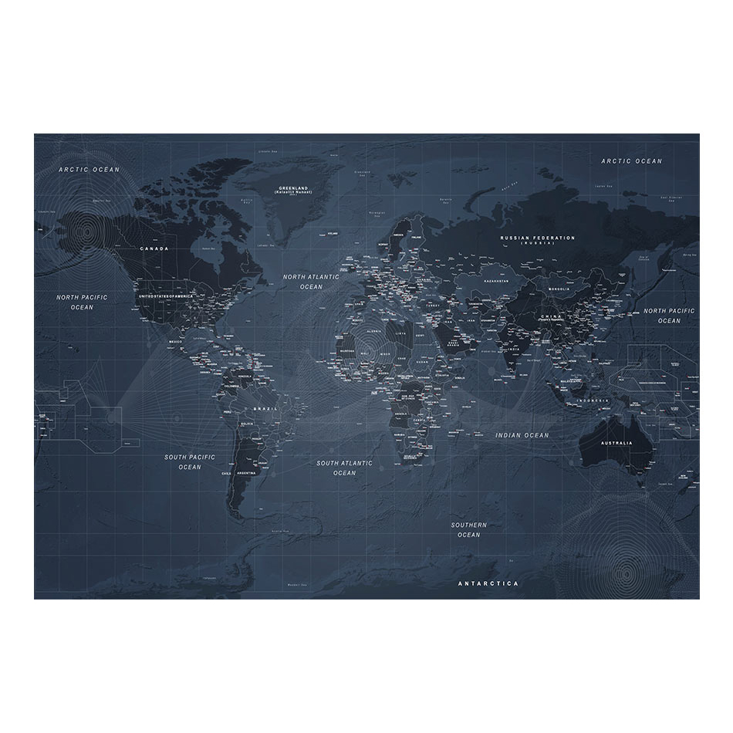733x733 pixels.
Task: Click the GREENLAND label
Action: point(293,187)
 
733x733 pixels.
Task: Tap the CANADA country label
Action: point(154,249)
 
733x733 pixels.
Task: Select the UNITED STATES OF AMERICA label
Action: point(165,296)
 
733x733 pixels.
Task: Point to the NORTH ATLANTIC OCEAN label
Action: point(311,282)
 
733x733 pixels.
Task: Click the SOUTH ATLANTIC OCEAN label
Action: point(344,468)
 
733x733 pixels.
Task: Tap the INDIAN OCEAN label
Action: point(522,435)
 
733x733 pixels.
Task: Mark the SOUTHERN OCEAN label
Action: point(468,529)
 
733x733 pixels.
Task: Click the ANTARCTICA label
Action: point(488,583)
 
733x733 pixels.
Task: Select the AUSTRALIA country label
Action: point(616,443)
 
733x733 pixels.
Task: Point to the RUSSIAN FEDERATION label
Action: point(537,238)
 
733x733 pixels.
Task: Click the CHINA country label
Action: point(551,317)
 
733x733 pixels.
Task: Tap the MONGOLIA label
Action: point(558,289)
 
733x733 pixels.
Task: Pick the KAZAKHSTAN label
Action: point(496,282)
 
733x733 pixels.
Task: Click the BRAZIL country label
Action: point(265,409)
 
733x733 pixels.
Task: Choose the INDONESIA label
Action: point(595,401)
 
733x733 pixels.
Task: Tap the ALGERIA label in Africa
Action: point(373,330)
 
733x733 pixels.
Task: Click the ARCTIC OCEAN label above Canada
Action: point(91,169)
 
